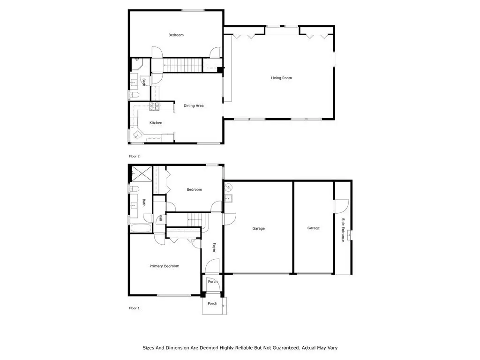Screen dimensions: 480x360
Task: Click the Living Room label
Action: click(281, 78)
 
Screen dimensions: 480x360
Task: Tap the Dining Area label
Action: click(194, 105)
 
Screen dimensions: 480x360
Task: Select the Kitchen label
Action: click(156, 123)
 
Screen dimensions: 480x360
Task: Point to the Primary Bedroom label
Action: click(165, 266)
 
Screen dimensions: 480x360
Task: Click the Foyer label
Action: click(214, 247)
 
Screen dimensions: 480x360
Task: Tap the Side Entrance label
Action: click(343, 230)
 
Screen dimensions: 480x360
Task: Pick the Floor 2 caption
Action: click(134, 156)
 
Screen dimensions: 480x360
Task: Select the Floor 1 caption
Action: click(134, 308)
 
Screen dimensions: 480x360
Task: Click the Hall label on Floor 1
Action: click(161, 218)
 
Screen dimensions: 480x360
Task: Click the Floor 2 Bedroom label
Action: click(176, 35)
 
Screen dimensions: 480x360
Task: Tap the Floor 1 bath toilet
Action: click(135, 188)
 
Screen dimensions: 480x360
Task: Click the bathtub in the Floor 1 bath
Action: click(141, 228)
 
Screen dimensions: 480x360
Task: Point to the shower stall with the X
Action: click(142, 173)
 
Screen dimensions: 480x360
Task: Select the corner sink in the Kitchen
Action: click(137, 135)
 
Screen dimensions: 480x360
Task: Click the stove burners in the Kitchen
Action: click(155, 106)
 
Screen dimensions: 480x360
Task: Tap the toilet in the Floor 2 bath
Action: click(135, 94)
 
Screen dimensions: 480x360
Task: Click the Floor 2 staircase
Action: click(183, 65)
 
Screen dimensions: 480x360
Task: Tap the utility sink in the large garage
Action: click(228, 198)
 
